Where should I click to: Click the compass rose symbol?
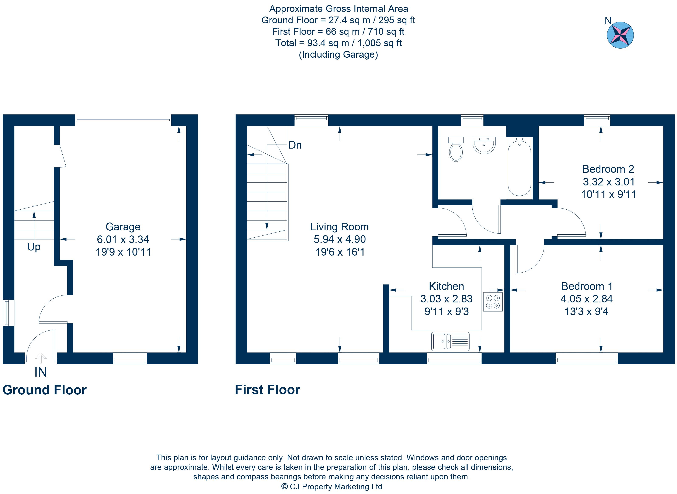pyautogui.click(x=620, y=35)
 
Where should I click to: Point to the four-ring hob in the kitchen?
pyautogui.click(x=493, y=302)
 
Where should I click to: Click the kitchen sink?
pyautogui.click(x=450, y=341)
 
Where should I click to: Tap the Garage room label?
pyautogui.click(x=123, y=227)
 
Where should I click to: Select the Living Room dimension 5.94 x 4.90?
pyautogui.click(x=340, y=239)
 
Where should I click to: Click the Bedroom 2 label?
pyautogui.click(x=608, y=169)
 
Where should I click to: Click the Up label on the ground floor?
pyautogui.click(x=34, y=247)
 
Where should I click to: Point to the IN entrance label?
pyautogui.click(x=41, y=372)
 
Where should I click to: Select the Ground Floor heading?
pyautogui.click(x=45, y=390)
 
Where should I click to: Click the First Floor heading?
pyautogui.click(x=267, y=390)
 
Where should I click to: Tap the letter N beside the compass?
pyautogui.click(x=608, y=21)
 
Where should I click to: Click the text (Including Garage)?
pyautogui.click(x=338, y=55)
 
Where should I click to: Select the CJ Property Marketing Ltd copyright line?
pyautogui.click(x=332, y=487)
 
